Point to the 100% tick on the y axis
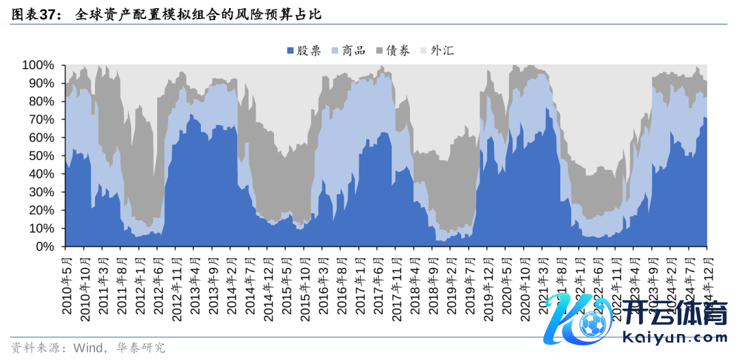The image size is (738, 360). point(38,65)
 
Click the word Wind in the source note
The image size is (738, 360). point(85,348)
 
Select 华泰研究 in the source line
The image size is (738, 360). point(140,348)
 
